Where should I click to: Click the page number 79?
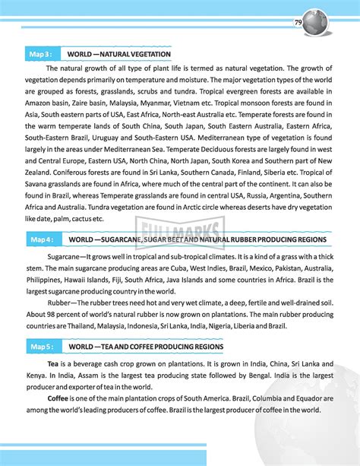pos(298,24)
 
